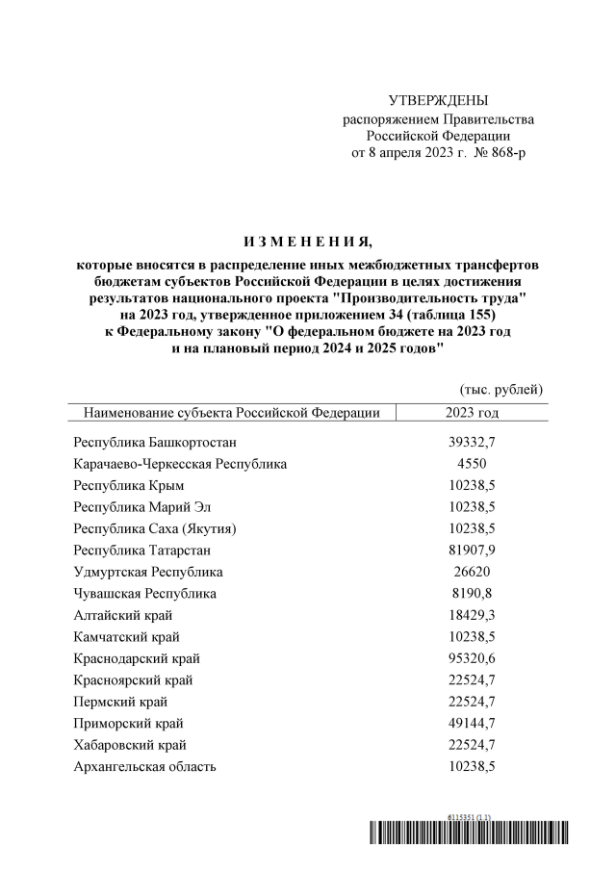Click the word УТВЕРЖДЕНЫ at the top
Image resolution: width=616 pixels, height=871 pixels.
[x=438, y=101]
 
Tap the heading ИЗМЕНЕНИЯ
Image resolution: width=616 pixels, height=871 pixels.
[x=308, y=240]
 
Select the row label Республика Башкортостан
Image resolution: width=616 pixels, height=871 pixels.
[x=154, y=442]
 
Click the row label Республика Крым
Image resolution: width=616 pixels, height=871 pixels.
[x=128, y=485]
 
